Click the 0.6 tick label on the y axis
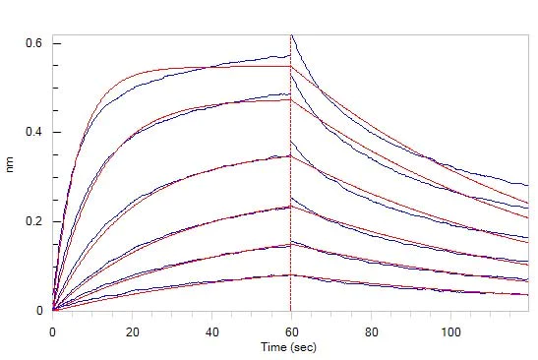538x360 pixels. [32, 43]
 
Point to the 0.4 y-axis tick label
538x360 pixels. [32, 132]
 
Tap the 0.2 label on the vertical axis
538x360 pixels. [32, 221]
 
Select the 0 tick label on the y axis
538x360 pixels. [40, 311]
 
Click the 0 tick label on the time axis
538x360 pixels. [53, 332]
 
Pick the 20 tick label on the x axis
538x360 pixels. [133, 332]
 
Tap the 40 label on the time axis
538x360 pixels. [211, 332]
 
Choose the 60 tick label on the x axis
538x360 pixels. [291, 332]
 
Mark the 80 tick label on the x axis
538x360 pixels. [371, 332]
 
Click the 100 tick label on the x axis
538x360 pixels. [450, 332]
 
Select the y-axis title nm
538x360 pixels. [11, 167]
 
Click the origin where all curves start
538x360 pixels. [53, 310]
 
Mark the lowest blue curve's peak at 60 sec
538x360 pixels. [290, 274]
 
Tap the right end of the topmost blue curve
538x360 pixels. [529, 185]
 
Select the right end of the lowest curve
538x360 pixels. [529, 293]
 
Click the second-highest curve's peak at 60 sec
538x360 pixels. [290, 93]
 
